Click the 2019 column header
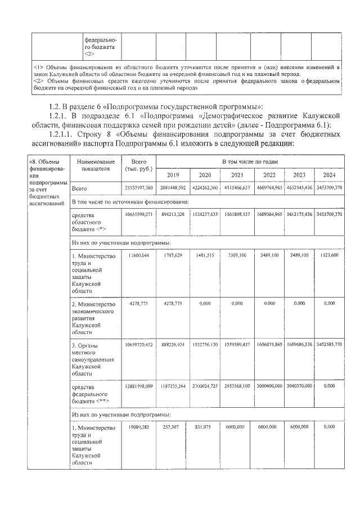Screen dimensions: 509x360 point(173,174)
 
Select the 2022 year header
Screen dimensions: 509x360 point(269,174)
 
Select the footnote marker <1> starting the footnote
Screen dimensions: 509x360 point(39,67)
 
